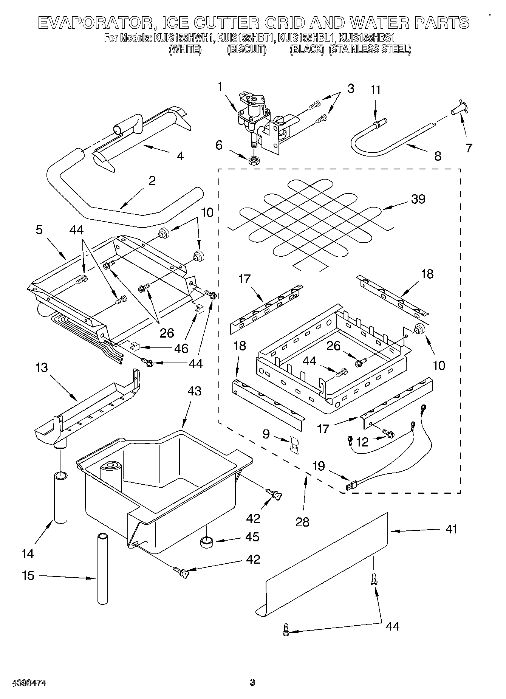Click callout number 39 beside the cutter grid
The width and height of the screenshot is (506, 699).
tap(418, 199)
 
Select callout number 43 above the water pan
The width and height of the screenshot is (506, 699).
tap(194, 391)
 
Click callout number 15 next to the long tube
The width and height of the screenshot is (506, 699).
tap(28, 576)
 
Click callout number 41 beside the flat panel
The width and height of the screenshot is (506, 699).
tap(451, 529)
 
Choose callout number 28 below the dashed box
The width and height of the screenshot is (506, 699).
tap(303, 522)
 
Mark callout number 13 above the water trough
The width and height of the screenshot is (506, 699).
tap(42, 367)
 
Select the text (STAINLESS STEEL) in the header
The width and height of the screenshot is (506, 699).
tap(370, 49)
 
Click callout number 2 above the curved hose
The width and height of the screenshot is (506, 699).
tap(152, 181)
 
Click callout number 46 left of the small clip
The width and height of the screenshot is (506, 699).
tap(181, 348)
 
